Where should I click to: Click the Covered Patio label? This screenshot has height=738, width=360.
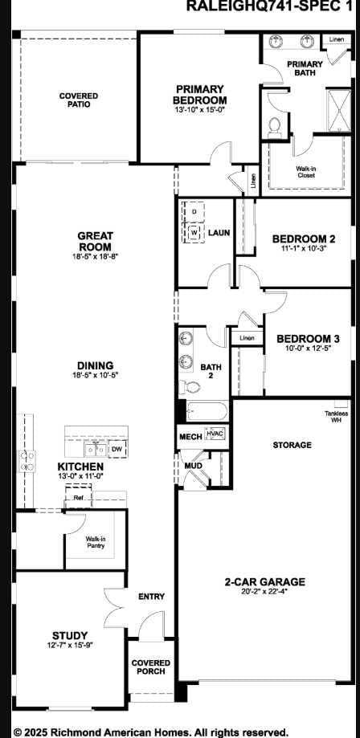[x=78, y=100]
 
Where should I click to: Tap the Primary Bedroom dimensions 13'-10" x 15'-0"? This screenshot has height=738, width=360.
[x=200, y=110]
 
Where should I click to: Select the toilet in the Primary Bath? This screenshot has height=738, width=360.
[x=273, y=125]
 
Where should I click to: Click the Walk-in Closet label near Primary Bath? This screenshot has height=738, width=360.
[x=305, y=171]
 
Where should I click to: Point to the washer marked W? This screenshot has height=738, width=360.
[x=194, y=232]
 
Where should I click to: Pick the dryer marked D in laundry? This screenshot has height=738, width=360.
[x=194, y=211]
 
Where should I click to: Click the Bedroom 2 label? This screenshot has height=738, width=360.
[x=303, y=239]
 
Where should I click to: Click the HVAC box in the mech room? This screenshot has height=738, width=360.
[x=215, y=434]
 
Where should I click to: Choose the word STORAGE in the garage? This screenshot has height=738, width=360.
[x=292, y=444]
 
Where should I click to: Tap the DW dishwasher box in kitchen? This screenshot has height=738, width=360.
[x=117, y=449]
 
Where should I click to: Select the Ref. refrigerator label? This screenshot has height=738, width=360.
[x=79, y=498]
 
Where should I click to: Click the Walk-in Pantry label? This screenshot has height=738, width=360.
[x=96, y=542]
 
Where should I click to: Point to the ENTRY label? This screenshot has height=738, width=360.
[x=151, y=597]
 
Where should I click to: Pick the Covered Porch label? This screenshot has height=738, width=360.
[x=150, y=667]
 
